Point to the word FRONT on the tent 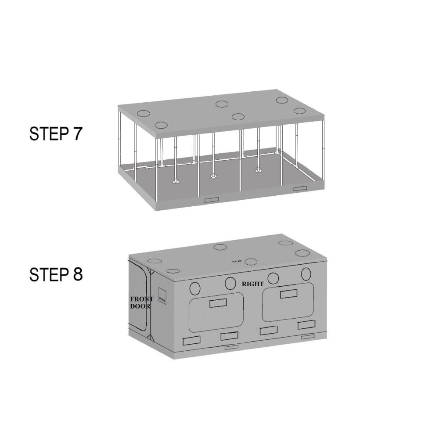[142, 299]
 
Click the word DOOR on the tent [140, 306]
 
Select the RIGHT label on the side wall [254, 284]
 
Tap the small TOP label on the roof [238, 262]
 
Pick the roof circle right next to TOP [251, 262]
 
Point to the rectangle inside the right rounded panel [289, 293]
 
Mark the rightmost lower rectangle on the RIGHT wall [306, 325]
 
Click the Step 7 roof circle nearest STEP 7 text [144, 114]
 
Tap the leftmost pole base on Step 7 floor [176, 182]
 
